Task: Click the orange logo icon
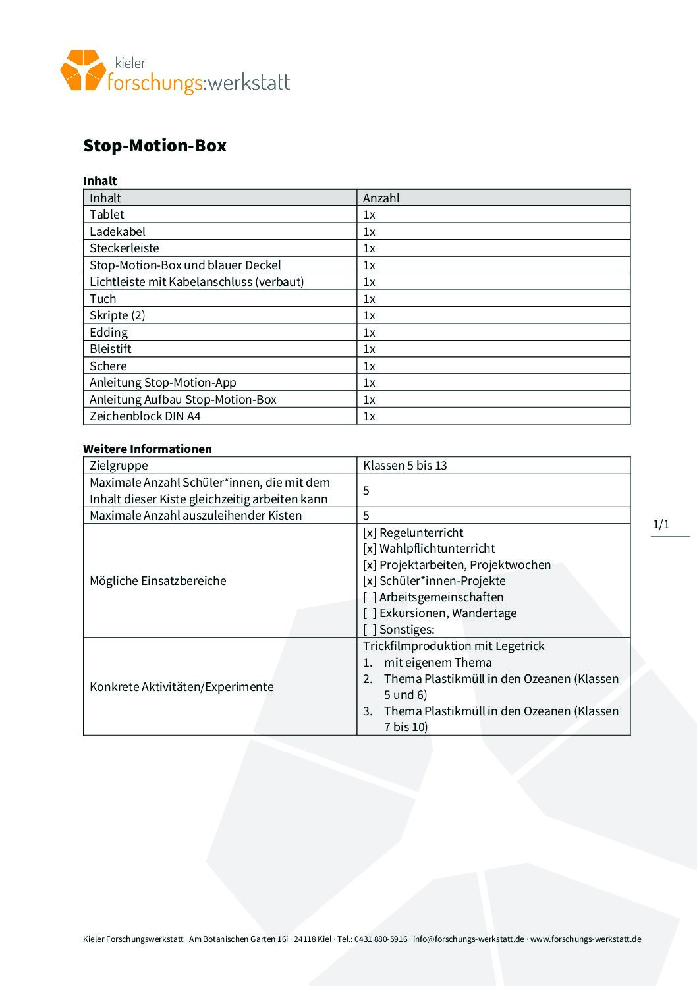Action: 82,70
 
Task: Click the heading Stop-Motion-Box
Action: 154,146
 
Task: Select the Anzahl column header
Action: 381,198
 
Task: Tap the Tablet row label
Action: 107,215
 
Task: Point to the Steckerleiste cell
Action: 125,248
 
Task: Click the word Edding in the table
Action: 109,333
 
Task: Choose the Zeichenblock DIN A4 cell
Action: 145,416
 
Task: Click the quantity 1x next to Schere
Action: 369,366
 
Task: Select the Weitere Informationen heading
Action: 148,449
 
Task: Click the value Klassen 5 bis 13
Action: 404,466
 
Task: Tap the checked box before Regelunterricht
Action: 370,533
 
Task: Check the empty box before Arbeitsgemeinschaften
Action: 370,597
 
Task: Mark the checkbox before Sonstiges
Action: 370,630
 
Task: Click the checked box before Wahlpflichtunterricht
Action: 370,549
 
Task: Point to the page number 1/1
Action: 661,524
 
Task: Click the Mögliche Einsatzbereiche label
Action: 158,581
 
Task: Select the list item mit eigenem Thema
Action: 437,663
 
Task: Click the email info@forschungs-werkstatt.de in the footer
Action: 468,939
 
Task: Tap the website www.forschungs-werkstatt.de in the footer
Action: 586,939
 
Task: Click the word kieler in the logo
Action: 130,63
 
